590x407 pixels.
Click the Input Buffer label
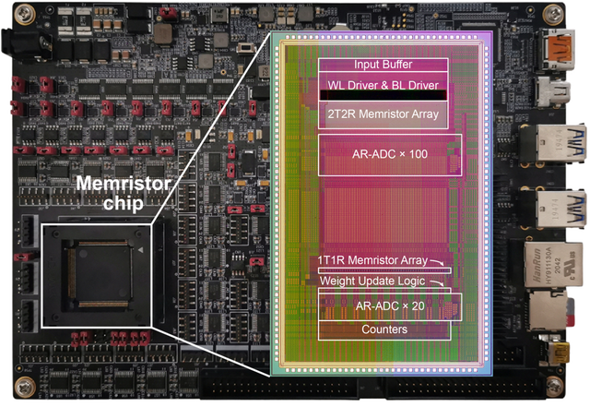383,65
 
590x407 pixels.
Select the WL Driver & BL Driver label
383,84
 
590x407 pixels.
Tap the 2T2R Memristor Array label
383,114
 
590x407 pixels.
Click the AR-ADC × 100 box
390,154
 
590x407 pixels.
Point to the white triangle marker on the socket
140,249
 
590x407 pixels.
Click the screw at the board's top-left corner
13,14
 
